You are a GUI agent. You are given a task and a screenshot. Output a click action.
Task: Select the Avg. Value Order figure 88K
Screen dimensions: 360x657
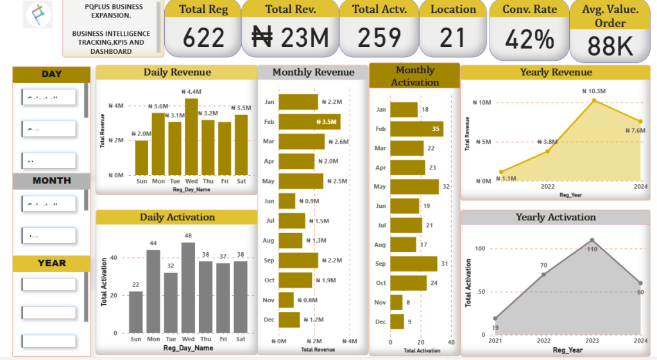[x=610, y=47]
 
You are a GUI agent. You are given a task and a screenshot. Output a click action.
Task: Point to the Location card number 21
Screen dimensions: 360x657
[x=453, y=38]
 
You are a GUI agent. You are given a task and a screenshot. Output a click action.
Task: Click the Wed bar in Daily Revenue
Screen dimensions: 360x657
[x=191, y=136]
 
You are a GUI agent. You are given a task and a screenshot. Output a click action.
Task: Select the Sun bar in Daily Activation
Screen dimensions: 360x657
[x=136, y=312]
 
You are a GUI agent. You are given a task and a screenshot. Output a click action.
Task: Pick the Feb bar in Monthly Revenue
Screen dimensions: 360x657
[x=309, y=121]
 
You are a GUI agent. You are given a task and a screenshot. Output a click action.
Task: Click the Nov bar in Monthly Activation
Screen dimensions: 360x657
[x=397, y=302]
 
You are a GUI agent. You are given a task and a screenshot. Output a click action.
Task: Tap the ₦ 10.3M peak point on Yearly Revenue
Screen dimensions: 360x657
[x=594, y=101]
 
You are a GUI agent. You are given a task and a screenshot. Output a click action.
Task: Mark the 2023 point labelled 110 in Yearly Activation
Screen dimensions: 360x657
[x=592, y=240]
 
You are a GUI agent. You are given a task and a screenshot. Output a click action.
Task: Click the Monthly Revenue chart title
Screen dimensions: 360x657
[x=313, y=73]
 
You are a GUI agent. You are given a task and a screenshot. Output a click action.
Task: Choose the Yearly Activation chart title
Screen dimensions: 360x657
[x=556, y=218]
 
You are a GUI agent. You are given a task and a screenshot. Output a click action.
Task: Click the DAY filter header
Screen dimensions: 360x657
[x=51, y=74]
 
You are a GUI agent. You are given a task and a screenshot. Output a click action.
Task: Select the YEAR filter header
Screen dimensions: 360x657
[x=51, y=263]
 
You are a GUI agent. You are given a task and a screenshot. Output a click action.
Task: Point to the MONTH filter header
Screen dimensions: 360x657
[x=51, y=181]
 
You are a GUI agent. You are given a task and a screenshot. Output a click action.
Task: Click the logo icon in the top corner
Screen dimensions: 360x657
[x=37, y=14]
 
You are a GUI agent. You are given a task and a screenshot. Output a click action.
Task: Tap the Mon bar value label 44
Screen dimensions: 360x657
[x=153, y=244]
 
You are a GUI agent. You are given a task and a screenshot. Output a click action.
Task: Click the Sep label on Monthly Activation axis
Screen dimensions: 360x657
[x=380, y=264]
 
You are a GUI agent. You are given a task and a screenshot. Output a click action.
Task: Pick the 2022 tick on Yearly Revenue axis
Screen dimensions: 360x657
[x=547, y=187]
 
